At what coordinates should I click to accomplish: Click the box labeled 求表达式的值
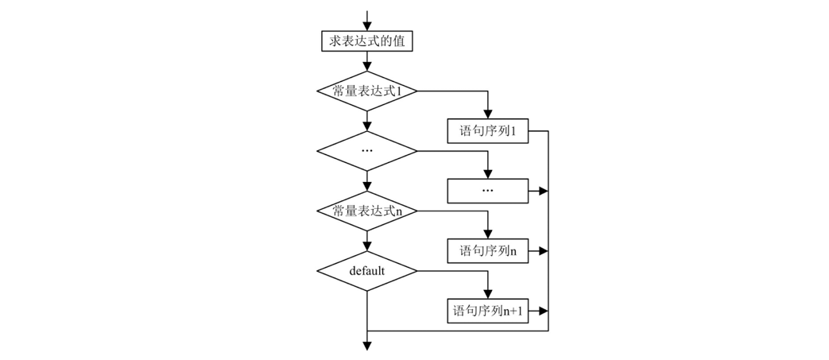pos(367,41)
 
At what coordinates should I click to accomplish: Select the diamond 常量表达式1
pos(367,91)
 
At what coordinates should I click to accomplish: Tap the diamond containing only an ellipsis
pos(367,150)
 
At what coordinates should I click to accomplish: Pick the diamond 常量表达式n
pos(367,211)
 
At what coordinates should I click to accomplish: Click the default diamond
pos(367,271)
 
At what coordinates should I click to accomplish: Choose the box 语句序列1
pos(488,130)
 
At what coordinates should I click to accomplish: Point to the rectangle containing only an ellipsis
pos(488,191)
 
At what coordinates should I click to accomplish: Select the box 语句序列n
pos(488,251)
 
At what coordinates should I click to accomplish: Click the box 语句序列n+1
pos(488,311)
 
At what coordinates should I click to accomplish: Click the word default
pos(367,271)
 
